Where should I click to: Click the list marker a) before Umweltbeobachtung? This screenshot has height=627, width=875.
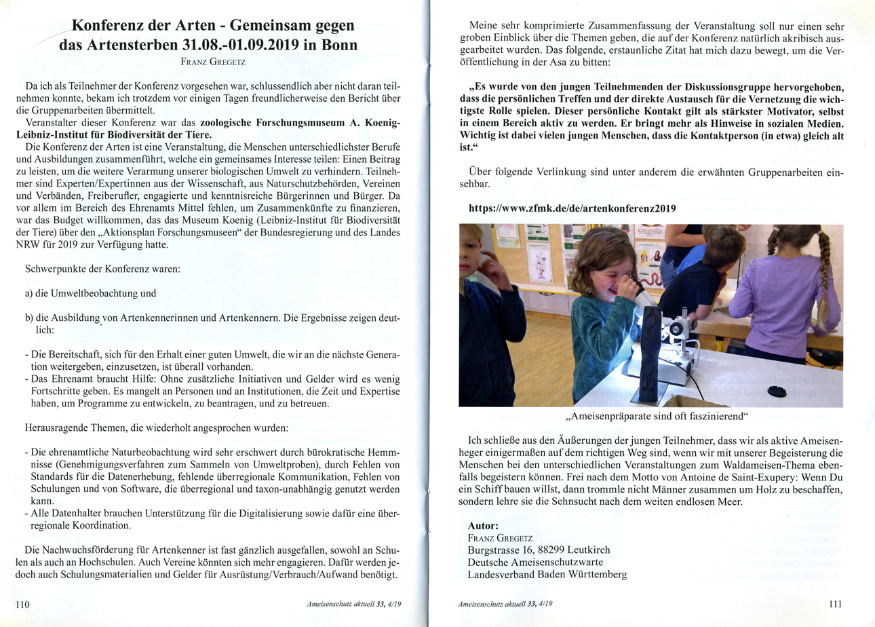31,293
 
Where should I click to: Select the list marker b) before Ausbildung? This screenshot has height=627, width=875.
31,319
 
